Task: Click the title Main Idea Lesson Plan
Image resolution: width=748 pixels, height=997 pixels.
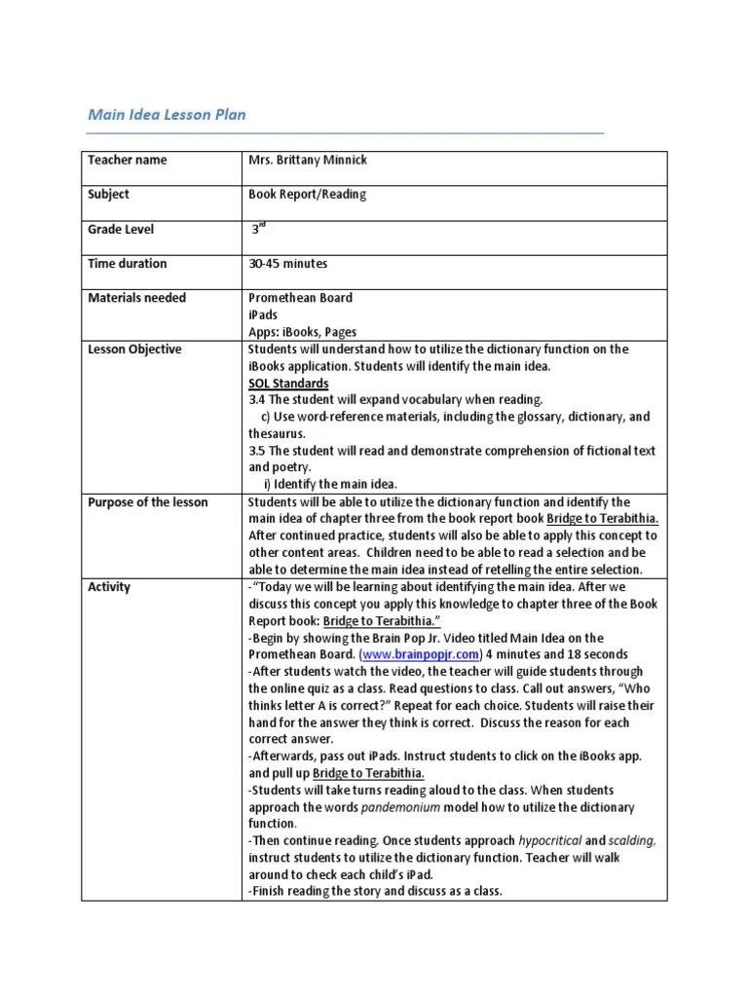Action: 167,115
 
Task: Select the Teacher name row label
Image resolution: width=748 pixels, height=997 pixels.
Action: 127,160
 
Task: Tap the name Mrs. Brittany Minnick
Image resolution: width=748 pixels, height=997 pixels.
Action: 307,160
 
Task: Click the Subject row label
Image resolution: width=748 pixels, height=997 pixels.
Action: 108,194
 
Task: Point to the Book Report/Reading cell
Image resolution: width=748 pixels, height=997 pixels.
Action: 307,194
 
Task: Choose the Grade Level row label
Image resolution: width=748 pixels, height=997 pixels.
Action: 121,229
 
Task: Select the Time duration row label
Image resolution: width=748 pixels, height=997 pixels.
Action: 127,263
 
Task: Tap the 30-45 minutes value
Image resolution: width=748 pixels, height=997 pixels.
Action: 288,263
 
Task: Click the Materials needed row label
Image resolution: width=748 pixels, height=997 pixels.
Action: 136,298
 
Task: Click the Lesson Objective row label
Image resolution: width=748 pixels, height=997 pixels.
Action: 134,350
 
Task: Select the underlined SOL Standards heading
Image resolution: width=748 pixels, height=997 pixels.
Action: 288,384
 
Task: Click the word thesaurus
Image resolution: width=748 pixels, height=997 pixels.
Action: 277,433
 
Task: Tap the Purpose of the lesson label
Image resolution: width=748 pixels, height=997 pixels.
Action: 148,502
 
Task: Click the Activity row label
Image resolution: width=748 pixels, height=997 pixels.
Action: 109,587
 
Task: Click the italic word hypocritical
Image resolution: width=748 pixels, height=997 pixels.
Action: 549,841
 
